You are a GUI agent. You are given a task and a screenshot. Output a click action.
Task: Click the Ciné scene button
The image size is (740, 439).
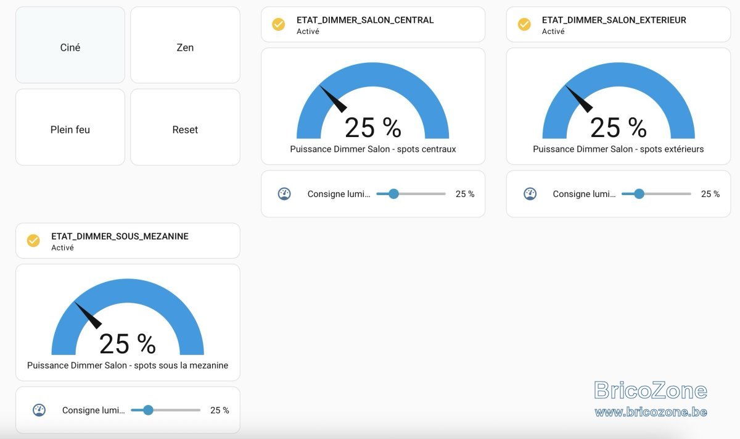tap(70, 45)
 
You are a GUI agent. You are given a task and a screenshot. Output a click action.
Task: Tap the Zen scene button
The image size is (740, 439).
tap(185, 45)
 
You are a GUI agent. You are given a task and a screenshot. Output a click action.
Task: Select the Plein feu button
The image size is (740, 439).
tap(70, 127)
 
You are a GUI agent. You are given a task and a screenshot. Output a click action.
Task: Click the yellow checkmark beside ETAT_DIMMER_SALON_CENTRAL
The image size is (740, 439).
tap(279, 25)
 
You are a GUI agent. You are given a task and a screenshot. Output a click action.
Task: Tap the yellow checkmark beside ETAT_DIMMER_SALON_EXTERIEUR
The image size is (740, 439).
tap(524, 25)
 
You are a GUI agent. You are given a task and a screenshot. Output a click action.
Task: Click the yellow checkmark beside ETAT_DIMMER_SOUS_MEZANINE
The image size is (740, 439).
tap(33, 241)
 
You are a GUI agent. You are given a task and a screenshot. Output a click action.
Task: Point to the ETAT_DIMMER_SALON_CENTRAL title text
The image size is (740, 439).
tap(365, 20)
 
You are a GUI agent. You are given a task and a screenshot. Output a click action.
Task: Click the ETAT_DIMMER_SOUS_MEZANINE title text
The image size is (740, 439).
tap(120, 236)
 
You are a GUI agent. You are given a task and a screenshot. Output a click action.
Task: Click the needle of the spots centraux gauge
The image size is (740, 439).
tap(334, 99)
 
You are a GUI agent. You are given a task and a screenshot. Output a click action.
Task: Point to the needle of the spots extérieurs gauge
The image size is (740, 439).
tap(580, 99)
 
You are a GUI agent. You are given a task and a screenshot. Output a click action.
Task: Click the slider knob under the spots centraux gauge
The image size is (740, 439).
tap(393, 194)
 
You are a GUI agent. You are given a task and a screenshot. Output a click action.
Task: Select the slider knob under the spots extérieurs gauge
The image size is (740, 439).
tap(639, 194)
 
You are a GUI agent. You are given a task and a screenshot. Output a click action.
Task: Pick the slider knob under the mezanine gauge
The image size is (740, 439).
tap(149, 410)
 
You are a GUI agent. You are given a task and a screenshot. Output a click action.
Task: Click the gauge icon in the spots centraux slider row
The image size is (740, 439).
tap(284, 194)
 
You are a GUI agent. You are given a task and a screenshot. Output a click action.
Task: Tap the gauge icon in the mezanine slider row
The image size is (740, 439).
tap(39, 410)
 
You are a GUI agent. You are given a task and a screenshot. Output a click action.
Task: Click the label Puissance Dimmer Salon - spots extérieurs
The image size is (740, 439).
tap(619, 149)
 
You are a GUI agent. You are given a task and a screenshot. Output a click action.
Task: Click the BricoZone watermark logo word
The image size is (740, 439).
tap(651, 390)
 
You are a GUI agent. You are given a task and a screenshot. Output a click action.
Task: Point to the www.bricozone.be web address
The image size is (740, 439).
tap(651, 412)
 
